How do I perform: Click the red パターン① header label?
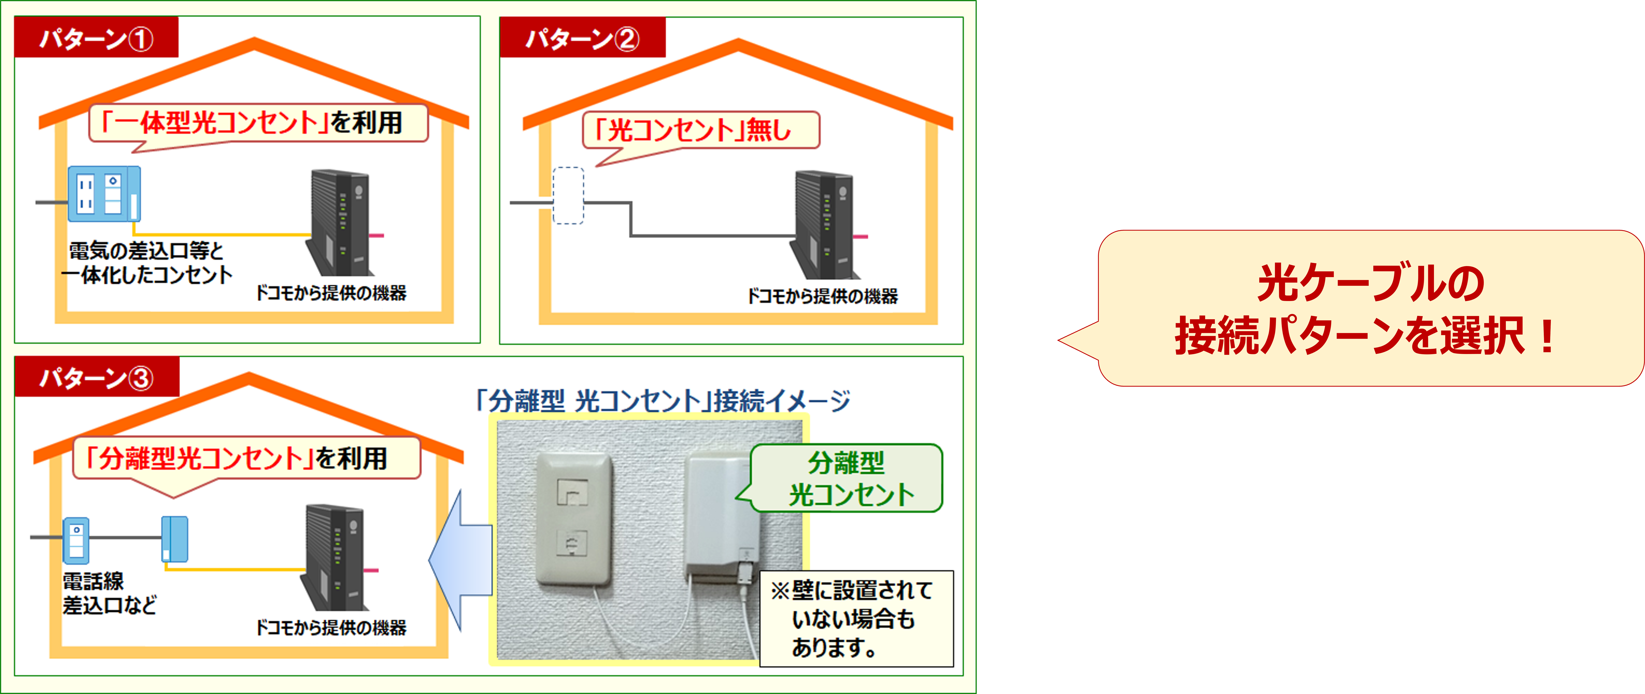tap(96, 38)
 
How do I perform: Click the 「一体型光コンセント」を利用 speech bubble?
tap(257, 122)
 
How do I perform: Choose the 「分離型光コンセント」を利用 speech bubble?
tap(246, 458)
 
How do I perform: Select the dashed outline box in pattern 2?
tap(568, 195)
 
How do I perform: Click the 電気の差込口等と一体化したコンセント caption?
tap(147, 262)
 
